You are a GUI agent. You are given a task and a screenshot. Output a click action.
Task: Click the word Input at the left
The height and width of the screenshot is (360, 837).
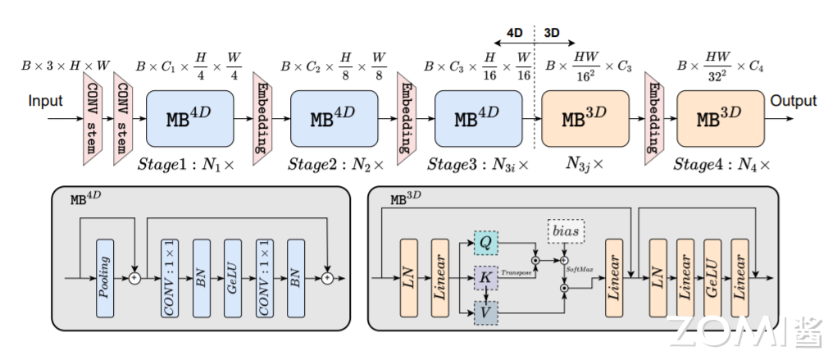click(46, 102)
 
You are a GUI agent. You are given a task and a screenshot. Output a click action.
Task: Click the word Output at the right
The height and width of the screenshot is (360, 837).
click(793, 101)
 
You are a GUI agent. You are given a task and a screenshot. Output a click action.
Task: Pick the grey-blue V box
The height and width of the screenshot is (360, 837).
click(485, 312)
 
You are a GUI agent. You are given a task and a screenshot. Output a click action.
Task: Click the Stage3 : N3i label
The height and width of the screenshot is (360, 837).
click(476, 164)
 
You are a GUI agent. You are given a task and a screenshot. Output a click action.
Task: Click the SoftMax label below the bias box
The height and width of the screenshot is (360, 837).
click(579, 267)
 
